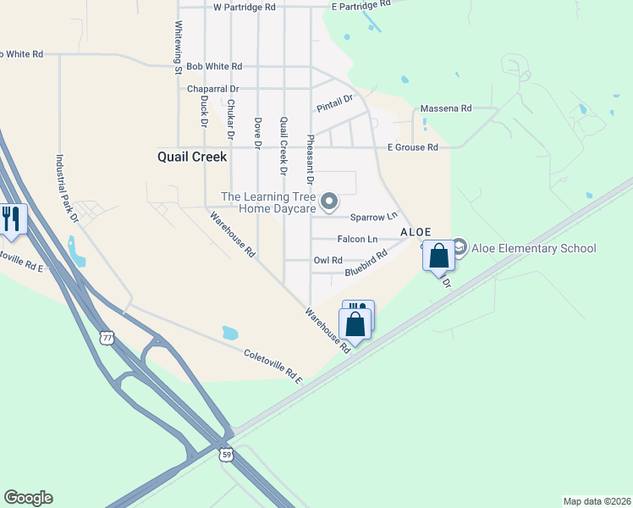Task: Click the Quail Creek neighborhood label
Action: pyautogui.click(x=192, y=157)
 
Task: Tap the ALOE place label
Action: pyautogui.click(x=416, y=232)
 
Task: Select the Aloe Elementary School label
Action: pyautogui.click(x=536, y=248)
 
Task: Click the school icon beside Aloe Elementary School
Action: pyautogui.click(x=460, y=247)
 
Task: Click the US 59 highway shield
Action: pyautogui.click(x=226, y=454)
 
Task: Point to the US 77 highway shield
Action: pyautogui.click(x=107, y=337)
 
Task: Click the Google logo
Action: pyautogui.click(x=28, y=498)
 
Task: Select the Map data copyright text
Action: pyautogui.click(x=597, y=501)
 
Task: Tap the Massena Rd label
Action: pyautogui.click(x=446, y=109)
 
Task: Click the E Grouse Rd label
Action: pyautogui.click(x=413, y=147)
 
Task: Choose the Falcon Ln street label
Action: pyautogui.click(x=357, y=240)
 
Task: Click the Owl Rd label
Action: pyautogui.click(x=328, y=261)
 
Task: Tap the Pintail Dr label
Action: pyautogui.click(x=333, y=104)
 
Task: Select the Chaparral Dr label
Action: pyautogui.click(x=213, y=88)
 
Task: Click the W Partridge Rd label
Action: pyautogui.click(x=245, y=7)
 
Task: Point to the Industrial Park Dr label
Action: pyautogui.click(x=65, y=188)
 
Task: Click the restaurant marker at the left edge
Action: pyautogui.click(x=11, y=219)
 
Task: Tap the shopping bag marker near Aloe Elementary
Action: pyautogui.click(x=438, y=256)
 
